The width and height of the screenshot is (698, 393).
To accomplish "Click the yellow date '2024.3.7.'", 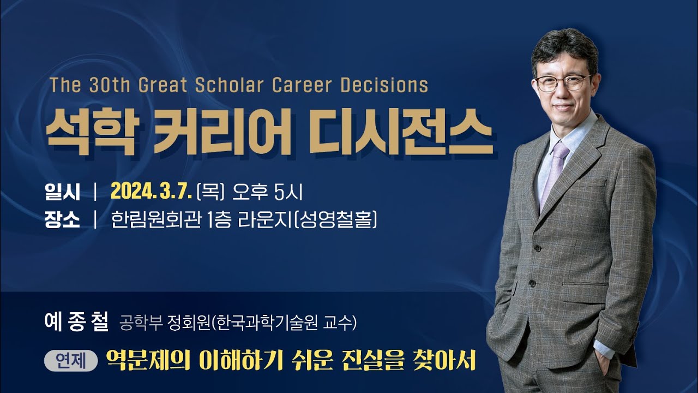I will coord(151,192).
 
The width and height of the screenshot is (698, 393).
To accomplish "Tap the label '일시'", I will coord(62,192).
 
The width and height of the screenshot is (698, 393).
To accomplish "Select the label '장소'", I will coord(62,221).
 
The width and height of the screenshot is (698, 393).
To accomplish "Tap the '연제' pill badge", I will coord(70,361).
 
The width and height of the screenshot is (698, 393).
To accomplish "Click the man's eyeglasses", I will coord(563,82).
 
